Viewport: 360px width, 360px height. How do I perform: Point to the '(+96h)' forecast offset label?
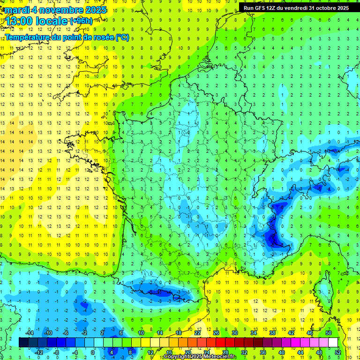81,21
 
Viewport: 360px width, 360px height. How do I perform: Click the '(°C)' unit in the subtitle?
122,37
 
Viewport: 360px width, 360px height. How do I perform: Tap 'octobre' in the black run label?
323,8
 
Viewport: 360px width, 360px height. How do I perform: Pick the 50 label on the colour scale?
329,333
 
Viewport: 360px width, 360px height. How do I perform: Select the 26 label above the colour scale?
216,333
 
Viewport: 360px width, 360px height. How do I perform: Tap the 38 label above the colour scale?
272,333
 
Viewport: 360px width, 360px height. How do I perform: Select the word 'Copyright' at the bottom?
177,357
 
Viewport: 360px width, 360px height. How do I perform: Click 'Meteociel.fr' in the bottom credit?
220,357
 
